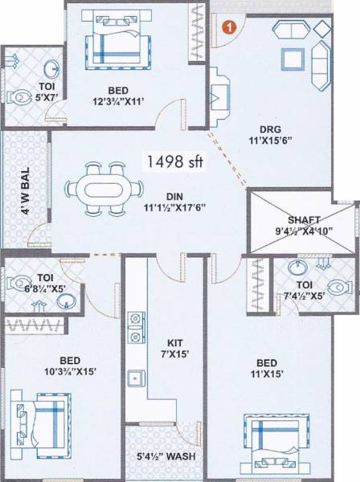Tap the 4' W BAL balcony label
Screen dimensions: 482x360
(x=26, y=194)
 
